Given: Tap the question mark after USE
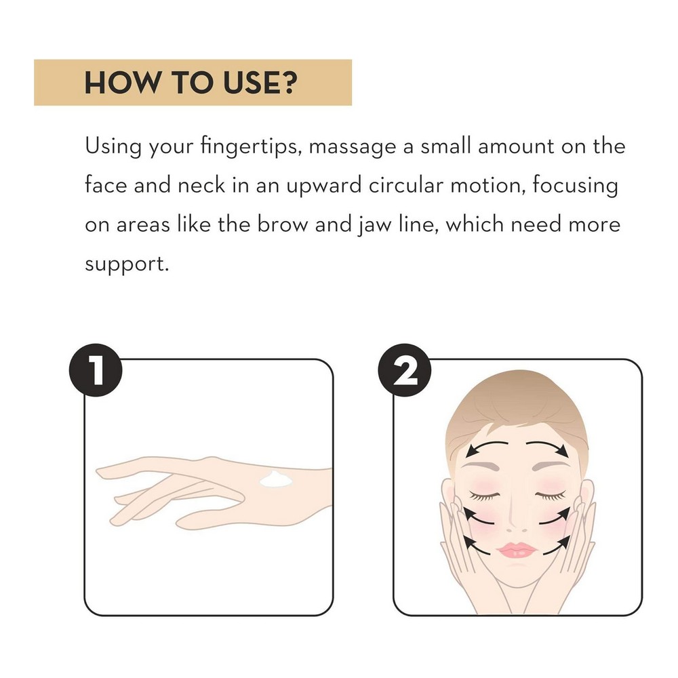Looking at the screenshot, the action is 288,82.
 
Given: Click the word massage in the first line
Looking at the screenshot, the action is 353,147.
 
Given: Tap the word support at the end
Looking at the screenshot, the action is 127,264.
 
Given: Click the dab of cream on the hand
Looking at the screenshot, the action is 276,479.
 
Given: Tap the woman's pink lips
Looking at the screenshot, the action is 517,550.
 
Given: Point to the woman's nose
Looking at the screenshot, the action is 517,519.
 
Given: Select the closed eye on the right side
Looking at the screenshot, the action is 551,496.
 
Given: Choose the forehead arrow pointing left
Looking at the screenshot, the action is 486,446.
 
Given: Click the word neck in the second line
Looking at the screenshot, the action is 201,185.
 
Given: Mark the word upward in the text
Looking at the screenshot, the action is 323,186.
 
